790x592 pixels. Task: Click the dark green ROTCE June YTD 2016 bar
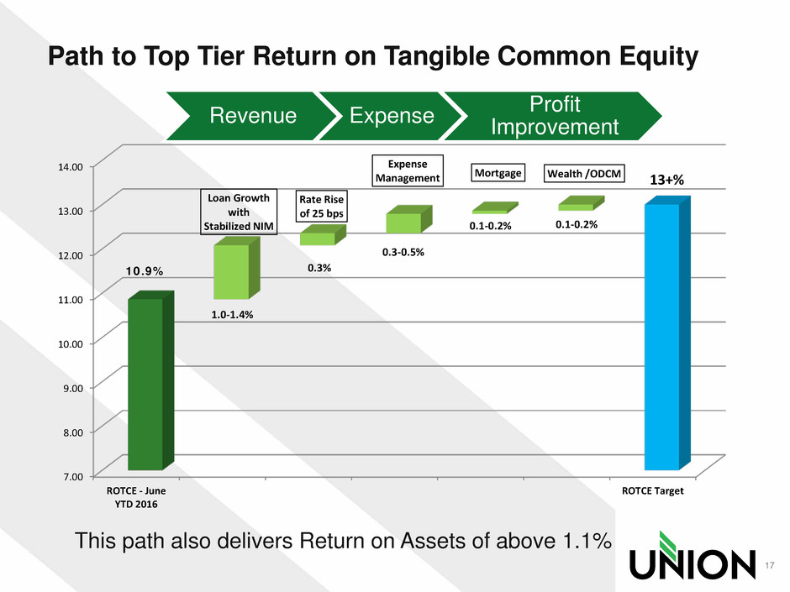point(150,380)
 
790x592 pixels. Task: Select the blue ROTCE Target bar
point(667,333)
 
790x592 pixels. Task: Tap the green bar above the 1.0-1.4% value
point(237,269)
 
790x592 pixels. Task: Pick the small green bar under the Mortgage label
point(495,208)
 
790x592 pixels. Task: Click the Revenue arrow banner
point(250,116)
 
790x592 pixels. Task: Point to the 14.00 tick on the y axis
point(71,167)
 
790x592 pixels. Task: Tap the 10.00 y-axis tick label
point(71,343)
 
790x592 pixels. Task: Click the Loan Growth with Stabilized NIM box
point(239,212)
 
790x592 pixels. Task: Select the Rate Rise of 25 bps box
point(321,207)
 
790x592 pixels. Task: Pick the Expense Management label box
point(408,170)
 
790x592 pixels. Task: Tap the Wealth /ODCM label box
point(584,173)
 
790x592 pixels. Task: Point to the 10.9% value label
point(144,271)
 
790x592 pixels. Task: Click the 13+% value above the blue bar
point(666,180)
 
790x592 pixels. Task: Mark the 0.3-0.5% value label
point(403,252)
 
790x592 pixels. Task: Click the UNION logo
point(693,555)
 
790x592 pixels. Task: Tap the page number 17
point(769,565)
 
